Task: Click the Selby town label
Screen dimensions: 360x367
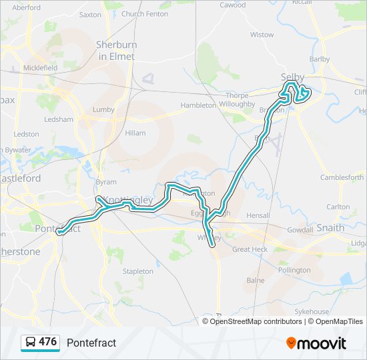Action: click(292, 77)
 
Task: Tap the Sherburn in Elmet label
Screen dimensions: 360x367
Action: click(115, 51)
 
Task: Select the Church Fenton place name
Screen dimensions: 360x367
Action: click(145, 13)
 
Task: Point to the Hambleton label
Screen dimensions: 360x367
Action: click(198, 105)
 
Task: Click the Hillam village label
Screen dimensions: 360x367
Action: click(135, 133)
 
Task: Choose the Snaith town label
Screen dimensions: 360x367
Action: click(330, 227)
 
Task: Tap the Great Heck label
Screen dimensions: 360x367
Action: click(250, 249)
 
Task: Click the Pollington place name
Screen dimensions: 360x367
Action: click(294, 270)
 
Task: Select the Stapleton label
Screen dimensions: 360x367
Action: click(138, 271)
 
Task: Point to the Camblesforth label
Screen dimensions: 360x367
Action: click(342, 177)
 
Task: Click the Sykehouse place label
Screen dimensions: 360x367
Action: click(312, 311)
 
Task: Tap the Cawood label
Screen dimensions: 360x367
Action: click(233, 5)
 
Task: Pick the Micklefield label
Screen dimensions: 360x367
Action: click(41, 68)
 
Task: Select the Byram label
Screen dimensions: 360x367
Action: click(106, 182)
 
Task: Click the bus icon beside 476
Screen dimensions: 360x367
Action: click(31, 343)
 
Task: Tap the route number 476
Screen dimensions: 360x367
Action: click(48, 342)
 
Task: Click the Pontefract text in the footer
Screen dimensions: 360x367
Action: click(91, 343)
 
